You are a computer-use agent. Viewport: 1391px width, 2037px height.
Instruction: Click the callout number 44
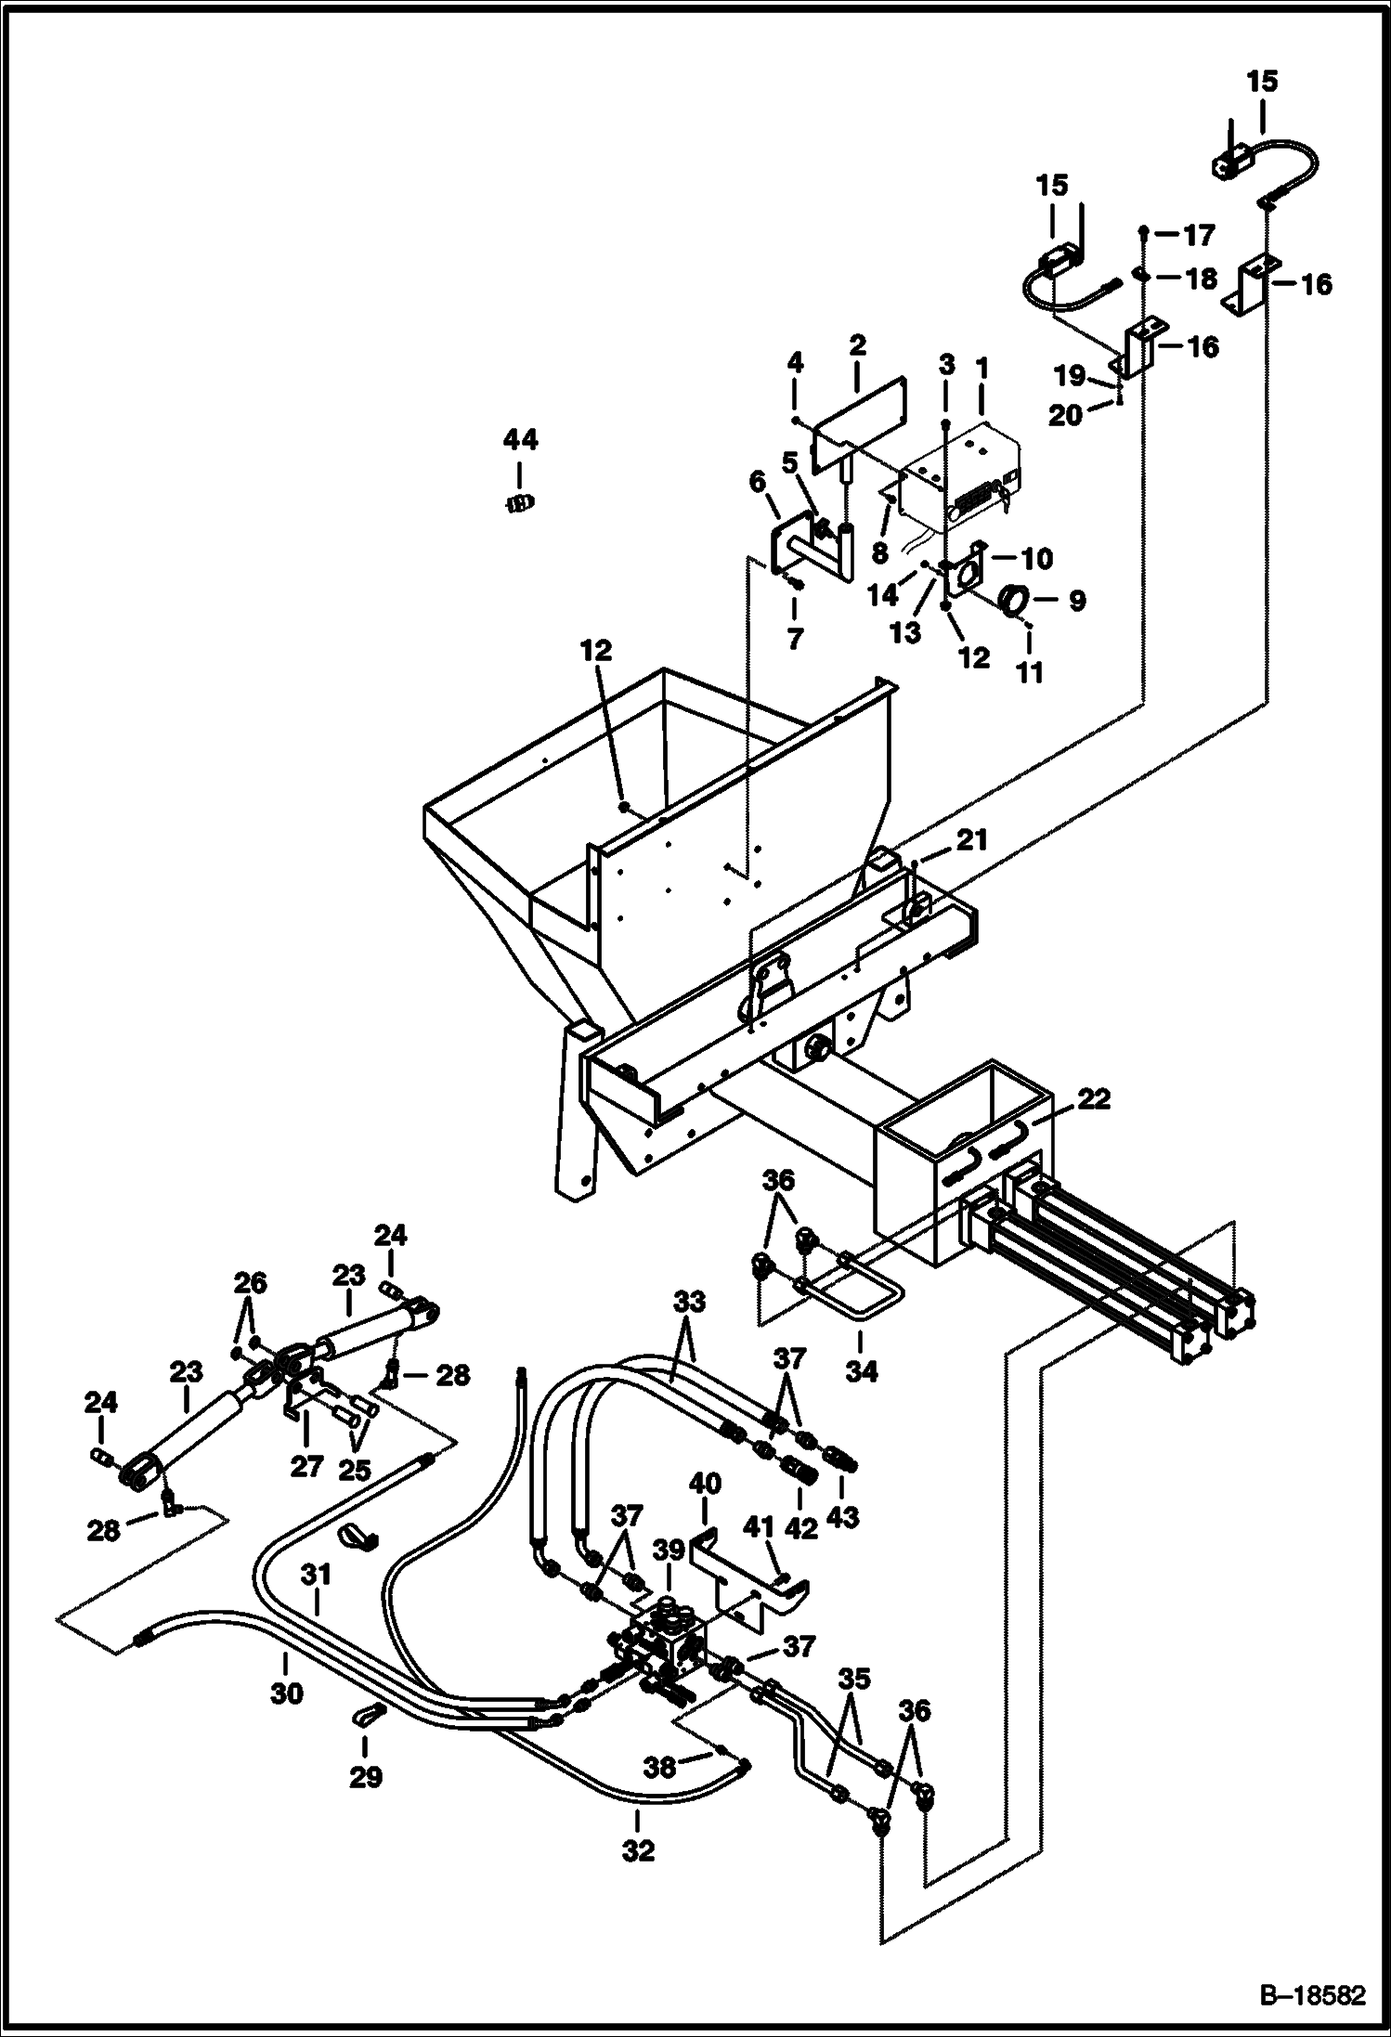(x=520, y=439)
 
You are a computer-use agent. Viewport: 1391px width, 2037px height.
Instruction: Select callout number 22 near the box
(x=1094, y=1099)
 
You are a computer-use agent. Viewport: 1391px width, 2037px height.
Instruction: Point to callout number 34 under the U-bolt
(x=861, y=1370)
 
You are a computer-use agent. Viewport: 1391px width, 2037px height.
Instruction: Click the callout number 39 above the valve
(x=669, y=1550)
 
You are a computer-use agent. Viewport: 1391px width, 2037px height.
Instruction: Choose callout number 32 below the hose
(x=638, y=1850)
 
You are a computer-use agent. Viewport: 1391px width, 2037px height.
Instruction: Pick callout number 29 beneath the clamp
(x=366, y=1777)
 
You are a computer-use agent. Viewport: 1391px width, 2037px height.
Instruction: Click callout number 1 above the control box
(x=982, y=368)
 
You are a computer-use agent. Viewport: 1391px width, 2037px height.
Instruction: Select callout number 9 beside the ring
(x=1076, y=602)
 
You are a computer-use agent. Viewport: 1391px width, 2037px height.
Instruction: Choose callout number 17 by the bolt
(x=1199, y=236)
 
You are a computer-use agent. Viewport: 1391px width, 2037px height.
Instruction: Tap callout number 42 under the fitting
(x=801, y=1527)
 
